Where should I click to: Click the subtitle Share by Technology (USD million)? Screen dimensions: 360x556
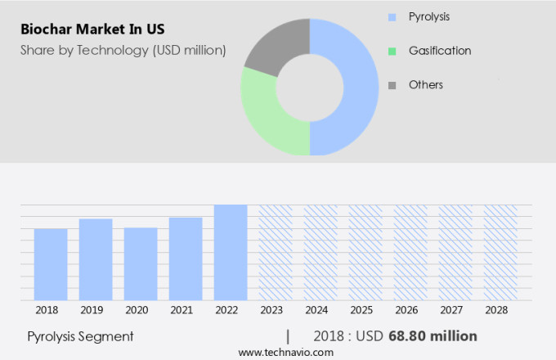click(x=122, y=51)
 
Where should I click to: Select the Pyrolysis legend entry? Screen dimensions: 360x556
click(x=428, y=16)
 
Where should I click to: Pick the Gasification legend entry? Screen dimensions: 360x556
click(x=439, y=51)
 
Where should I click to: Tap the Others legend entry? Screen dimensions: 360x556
click(x=425, y=85)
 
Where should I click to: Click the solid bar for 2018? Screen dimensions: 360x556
click(x=51, y=264)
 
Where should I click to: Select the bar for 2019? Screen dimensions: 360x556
click(x=96, y=259)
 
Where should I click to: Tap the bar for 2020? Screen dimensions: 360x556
click(x=141, y=263)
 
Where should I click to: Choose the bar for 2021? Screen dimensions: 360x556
click(x=186, y=259)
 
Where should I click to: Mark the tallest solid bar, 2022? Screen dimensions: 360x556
click(x=231, y=252)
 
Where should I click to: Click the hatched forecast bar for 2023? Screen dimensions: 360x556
click(x=276, y=252)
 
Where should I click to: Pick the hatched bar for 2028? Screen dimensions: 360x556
click(x=500, y=252)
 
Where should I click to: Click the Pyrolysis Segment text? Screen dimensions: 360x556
click(x=80, y=336)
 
